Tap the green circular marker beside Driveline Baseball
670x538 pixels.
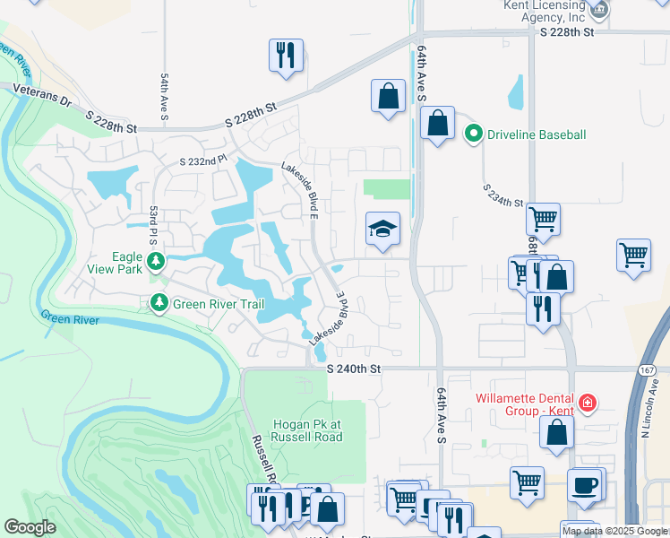(x=474, y=134)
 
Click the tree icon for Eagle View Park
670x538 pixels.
(x=157, y=261)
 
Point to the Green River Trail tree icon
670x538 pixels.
(x=159, y=304)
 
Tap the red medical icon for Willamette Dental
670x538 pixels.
(x=587, y=403)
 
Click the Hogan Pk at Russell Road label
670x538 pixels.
(x=307, y=430)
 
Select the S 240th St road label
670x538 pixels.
(x=354, y=369)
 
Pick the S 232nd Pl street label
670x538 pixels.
(x=203, y=161)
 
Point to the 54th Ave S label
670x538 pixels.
(x=165, y=98)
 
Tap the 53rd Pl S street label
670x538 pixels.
(x=153, y=226)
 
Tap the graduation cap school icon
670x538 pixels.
(x=382, y=230)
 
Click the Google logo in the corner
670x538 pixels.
(x=30, y=527)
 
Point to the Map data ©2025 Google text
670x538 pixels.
(x=614, y=531)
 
